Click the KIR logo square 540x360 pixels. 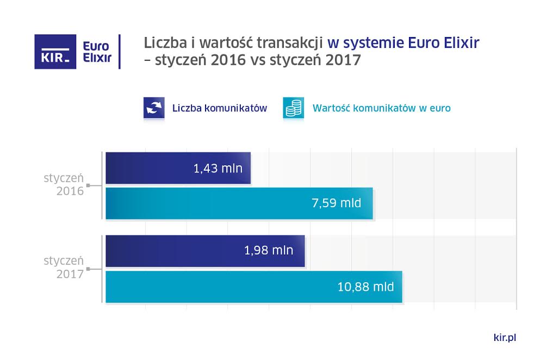[55, 52]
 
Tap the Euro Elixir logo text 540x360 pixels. [97, 52]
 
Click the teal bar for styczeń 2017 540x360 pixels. [228, 286]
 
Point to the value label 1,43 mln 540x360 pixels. [218, 168]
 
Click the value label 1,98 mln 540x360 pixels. [269, 251]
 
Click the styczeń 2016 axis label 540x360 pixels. [64, 185]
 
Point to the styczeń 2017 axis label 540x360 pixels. [64, 268]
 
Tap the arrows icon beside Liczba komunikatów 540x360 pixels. [154, 108]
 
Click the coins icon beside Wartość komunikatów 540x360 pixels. [294, 108]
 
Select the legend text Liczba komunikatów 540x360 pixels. [219, 108]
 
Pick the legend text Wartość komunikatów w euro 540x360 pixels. [381, 108]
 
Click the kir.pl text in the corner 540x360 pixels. [504, 338]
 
